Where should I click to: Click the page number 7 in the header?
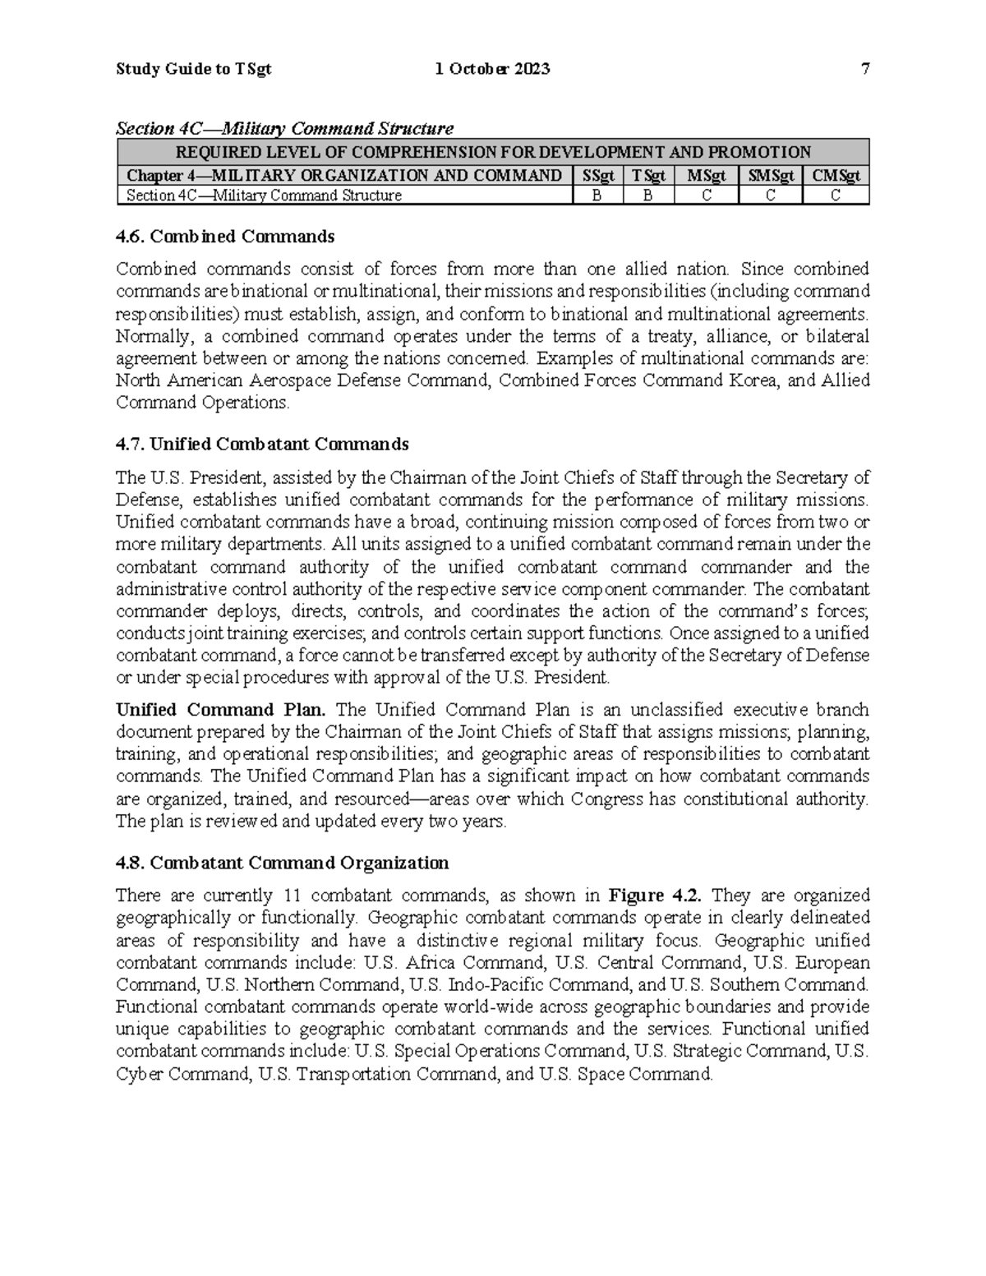coord(864,70)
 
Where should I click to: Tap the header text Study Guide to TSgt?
coord(194,70)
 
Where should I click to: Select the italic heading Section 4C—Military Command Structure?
coord(284,129)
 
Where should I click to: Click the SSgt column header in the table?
coord(597,175)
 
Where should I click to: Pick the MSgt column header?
coord(706,175)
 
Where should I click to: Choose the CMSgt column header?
coord(836,175)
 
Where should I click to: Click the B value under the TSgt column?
coord(647,196)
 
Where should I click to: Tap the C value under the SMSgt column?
coord(771,196)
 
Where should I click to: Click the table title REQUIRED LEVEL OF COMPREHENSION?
coord(493,152)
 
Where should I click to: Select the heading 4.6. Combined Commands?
coord(225,237)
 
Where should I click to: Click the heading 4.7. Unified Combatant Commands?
coord(262,445)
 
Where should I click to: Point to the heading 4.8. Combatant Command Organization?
coord(283,863)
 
